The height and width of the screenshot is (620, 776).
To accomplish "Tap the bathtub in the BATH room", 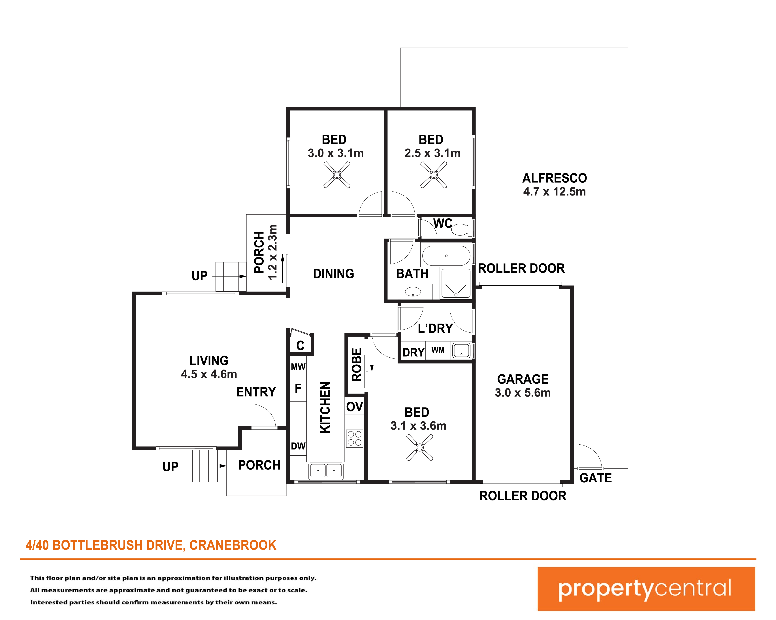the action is (x=446, y=256).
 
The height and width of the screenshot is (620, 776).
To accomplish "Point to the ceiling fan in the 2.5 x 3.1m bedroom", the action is (x=434, y=175).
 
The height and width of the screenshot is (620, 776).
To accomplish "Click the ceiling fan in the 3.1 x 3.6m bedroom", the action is (x=420, y=447).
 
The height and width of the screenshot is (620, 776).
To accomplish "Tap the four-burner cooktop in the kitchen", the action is (x=355, y=439).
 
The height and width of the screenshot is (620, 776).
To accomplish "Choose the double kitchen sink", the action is (x=326, y=471).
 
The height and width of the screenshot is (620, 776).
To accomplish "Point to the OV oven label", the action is (x=355, y=407).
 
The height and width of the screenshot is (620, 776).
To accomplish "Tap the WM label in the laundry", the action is (x=438, y=350).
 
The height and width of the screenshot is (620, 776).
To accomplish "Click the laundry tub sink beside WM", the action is (x=461, y=351).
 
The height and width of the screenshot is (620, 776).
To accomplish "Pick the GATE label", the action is (x=596, y=478).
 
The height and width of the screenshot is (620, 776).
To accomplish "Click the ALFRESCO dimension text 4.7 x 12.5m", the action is (x=555, y=192).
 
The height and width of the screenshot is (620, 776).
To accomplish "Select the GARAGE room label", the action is (x=523, y=379).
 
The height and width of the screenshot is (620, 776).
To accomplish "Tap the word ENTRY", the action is (x=256, y=392).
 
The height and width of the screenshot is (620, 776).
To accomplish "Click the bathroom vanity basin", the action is (x=413, y=292).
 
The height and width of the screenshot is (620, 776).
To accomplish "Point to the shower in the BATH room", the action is (x=456, y=283).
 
